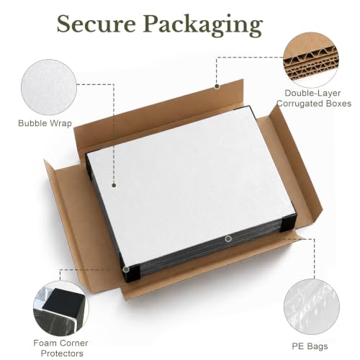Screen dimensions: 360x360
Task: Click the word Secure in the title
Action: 96,24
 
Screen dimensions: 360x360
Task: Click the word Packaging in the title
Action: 203,26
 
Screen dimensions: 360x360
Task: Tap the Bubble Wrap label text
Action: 45,123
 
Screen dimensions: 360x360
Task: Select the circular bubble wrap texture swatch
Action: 49,87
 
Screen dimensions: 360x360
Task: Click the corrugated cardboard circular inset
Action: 311,60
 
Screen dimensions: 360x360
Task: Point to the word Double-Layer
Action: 312,93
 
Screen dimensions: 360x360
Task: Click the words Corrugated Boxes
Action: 314,104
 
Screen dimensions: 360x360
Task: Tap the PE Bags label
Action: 310,346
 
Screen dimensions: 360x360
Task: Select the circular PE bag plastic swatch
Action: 312,307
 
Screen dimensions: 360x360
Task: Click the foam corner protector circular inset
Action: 61,309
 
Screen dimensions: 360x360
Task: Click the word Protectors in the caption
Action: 62,354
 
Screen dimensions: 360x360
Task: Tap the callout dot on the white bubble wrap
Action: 114,185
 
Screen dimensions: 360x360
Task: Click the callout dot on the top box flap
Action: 217,86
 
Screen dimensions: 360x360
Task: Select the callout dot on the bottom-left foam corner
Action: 126,269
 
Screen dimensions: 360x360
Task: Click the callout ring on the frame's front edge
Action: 228,238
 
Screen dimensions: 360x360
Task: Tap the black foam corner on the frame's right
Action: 288,223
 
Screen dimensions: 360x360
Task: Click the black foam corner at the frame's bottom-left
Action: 131,272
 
